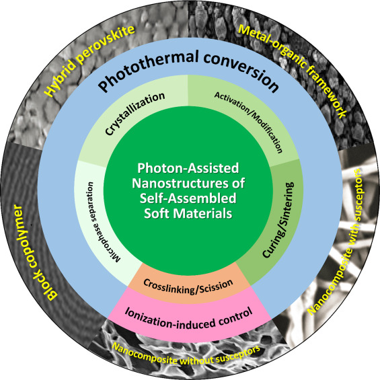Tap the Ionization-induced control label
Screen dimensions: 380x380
point(190,311)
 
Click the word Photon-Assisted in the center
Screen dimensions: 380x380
point(189,169)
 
